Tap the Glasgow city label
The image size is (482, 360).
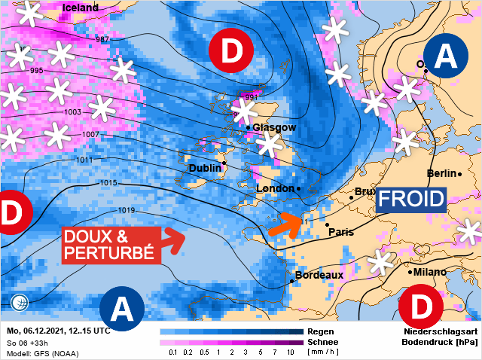click(274, 127)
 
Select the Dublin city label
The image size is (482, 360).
click(205, 167)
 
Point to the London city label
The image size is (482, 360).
click(276, 188)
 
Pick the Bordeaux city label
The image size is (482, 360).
click(319, 275)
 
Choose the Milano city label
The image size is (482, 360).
click(429, 272)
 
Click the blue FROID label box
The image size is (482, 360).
click(412, 199)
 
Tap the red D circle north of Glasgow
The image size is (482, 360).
click(232, 50)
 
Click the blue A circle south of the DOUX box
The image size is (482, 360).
click(121, 307)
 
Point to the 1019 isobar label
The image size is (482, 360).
click(126, 209)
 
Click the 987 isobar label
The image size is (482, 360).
click(103, 39)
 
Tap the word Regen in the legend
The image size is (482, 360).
click(321, 331)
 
